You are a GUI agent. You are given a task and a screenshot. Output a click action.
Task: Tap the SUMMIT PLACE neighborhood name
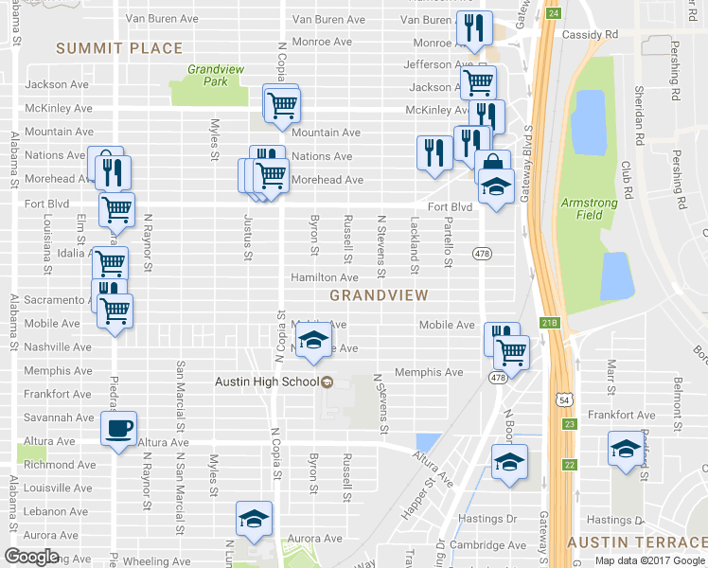(x=118, y=48)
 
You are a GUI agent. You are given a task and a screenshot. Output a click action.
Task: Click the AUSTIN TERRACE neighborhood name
(x=636, y=541)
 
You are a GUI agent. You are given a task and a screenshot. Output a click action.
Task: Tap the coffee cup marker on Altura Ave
(x=119, y=429)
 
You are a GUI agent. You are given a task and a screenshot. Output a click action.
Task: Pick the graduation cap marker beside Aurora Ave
(x=254, y=520)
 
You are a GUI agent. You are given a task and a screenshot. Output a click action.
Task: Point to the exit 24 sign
(x=554, y=13)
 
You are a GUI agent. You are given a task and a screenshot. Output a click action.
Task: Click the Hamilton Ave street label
(x=324, y=277)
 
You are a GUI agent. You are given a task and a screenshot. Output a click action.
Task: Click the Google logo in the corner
(x=33, y=557)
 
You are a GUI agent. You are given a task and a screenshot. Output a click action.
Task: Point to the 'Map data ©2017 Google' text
(x=649, y=560)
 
